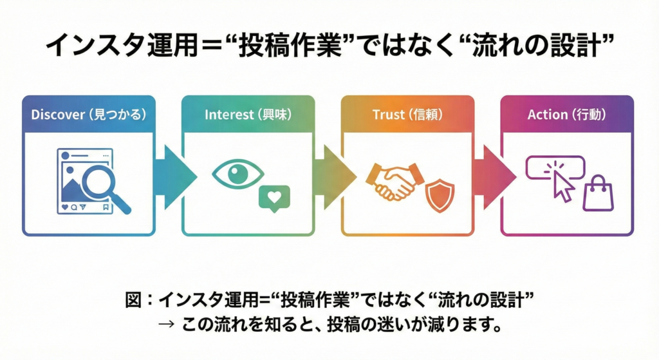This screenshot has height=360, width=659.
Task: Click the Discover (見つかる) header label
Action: pos(89,115)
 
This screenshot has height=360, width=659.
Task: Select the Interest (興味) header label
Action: pos(248,115)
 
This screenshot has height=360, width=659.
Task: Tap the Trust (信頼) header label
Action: pos(407,115)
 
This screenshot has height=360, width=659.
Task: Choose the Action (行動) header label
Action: pos(566,115)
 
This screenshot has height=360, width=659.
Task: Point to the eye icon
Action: pos(237,175)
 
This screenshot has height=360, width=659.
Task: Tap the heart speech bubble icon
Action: pos(274,198)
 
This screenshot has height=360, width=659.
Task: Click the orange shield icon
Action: pos(440,196)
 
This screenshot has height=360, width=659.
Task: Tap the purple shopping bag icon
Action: pos(598,194)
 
